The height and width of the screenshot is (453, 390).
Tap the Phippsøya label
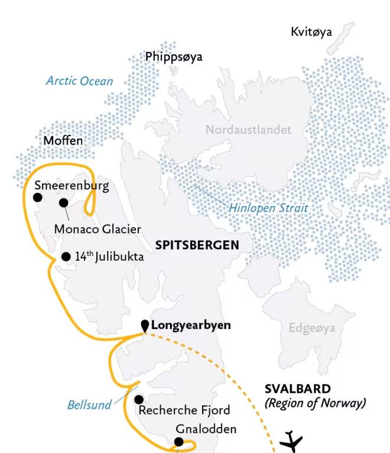[x=174, y=57]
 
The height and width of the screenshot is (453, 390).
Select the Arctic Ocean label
[x=79, y=81]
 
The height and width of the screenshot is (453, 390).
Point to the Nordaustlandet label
[x=249, y=129]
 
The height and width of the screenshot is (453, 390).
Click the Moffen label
[x=63, y=141]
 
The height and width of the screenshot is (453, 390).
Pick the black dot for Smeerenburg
[x=38, y=198]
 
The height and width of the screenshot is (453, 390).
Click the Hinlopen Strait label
[x=269, y=208]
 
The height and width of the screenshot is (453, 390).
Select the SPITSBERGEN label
[x=197, y=245]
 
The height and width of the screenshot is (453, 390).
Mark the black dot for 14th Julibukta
[x=66, y=257]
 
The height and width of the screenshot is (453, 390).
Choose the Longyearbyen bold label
[x=191, y=325]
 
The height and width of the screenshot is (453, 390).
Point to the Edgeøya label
[x=311, y=329]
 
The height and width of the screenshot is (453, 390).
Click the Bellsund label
[x=89, y=405]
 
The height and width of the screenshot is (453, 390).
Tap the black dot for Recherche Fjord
[x=139, y=399]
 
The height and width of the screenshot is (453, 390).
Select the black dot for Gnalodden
[x=178, y=442]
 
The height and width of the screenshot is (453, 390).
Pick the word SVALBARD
[x=297, y=389]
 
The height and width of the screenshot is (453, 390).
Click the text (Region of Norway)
[x=315, y=403]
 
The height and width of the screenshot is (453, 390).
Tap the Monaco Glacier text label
[x=97, y=229]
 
